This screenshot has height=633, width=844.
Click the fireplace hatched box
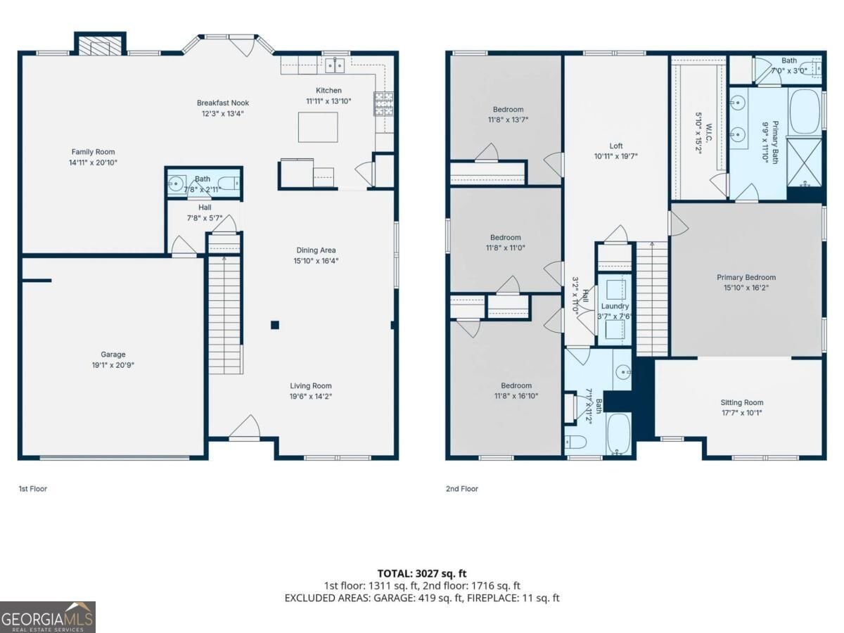tap(100, 45)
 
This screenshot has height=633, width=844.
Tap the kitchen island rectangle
tap(318, 127)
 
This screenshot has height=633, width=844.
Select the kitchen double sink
tap(335, 65)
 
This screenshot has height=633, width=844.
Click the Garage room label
tap(113, 354)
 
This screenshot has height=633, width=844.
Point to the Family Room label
tap(93, 152)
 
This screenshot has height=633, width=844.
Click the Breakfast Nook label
tap(223, 103)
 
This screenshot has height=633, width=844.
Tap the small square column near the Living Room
tap(275, 325)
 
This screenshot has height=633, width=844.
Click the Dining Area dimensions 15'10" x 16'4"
tap(316, 261)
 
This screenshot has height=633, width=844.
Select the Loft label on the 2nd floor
tap(616, 146)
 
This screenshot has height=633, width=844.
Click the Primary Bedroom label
tap(746, 278)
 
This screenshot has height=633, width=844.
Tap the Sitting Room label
tap(742, 402)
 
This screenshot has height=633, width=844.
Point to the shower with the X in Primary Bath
tap(805, 162)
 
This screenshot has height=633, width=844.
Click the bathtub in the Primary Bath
tap(805, 111)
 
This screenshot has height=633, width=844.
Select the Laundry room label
tap(615, 307)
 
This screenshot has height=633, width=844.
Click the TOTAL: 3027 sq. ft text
tap(422, 573)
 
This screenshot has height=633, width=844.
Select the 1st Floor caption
tap(33, 489)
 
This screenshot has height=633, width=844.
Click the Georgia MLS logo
tap(48, 617)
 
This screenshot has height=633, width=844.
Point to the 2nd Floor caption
tap(462, 489)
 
